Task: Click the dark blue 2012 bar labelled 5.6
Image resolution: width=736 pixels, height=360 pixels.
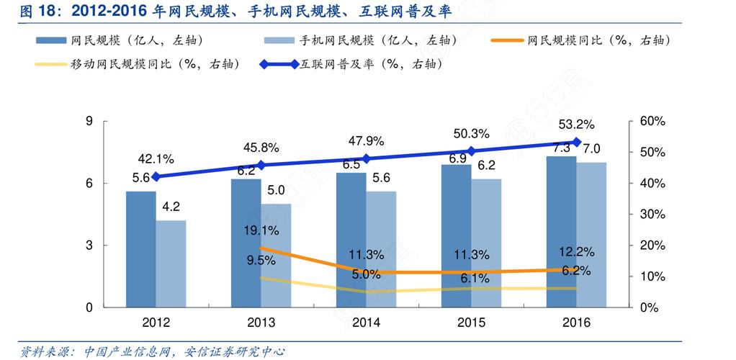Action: [140, 248]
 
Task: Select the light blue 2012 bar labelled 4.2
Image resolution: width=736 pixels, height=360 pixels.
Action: [171, 264]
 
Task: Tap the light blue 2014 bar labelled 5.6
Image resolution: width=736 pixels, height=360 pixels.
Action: [381, 248]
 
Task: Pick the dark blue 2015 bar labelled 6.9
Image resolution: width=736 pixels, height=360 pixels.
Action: [456, 235]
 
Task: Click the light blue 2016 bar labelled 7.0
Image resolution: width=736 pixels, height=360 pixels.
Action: [591, 234]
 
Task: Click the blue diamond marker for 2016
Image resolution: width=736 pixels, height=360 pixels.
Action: [576, 142]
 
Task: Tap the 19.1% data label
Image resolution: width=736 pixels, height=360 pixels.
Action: [261, 231]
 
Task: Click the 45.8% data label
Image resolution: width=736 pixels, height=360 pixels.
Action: [261, 148]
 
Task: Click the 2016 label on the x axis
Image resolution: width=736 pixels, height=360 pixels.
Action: [575, 323]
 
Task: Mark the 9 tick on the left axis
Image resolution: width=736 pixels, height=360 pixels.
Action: [89, 121]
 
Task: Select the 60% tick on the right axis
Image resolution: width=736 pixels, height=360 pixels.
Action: [652, 121]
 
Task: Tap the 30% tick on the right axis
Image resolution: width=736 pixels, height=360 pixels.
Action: [652, 215]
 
